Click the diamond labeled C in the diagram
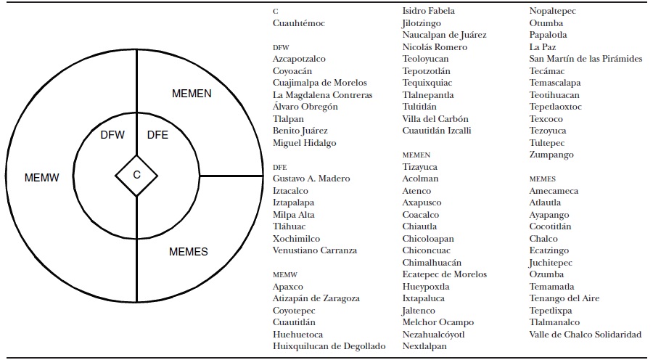coord(136,175)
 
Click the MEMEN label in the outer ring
coord(192,94)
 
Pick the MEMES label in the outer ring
coord(189,252)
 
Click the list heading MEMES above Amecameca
coord(543,179)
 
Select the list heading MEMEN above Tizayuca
coord(416,155)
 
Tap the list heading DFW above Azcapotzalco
coord(281,46)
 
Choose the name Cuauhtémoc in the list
coord(299,23)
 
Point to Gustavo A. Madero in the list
coord(311,179)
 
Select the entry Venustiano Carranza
coord(315,250)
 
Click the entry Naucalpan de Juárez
coord(444,35)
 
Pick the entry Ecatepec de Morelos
coord(445,274)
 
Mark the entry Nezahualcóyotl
coord(433,335)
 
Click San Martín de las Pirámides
coord(586,59)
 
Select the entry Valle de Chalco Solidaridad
coord(586,335)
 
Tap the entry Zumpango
coord(551,155)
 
